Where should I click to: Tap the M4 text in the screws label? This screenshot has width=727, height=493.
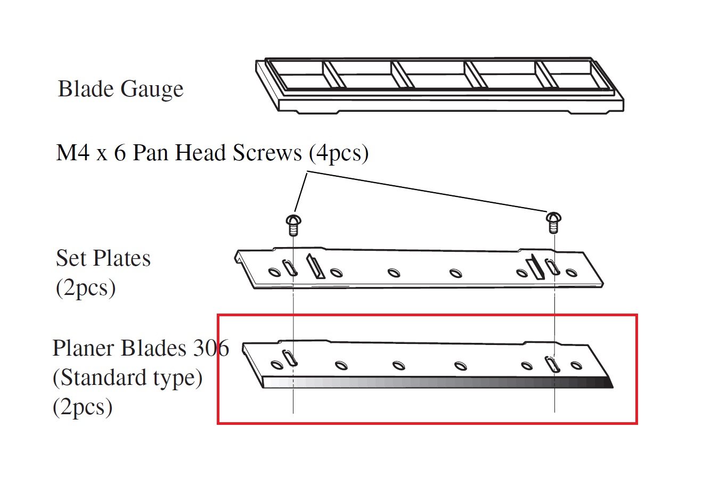pos(72,153)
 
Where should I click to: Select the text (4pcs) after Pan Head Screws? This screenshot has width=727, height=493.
pos(339,153)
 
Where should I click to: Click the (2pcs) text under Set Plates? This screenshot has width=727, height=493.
pos(86,288)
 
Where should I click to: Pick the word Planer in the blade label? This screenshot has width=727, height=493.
pos(84,348)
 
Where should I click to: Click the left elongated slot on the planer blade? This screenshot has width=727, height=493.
pos(290,358)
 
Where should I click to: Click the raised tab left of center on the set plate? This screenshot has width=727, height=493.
pos(315,266)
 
